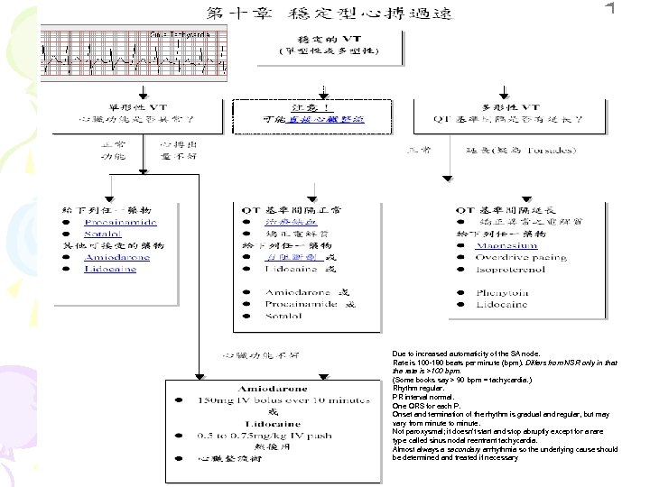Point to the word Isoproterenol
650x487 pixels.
[x=513, y=269]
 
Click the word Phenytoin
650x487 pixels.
[x=504, y=292]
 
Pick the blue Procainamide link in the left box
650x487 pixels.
[x=120, y=222]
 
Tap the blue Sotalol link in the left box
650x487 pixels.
[x=106, y=234]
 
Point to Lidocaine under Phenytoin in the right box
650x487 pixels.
[x=503, y=305]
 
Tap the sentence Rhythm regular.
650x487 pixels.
[x=419, y=389]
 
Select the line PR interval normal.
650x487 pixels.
[x=423, y=397]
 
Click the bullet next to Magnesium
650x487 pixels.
[x=460, y=245]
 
